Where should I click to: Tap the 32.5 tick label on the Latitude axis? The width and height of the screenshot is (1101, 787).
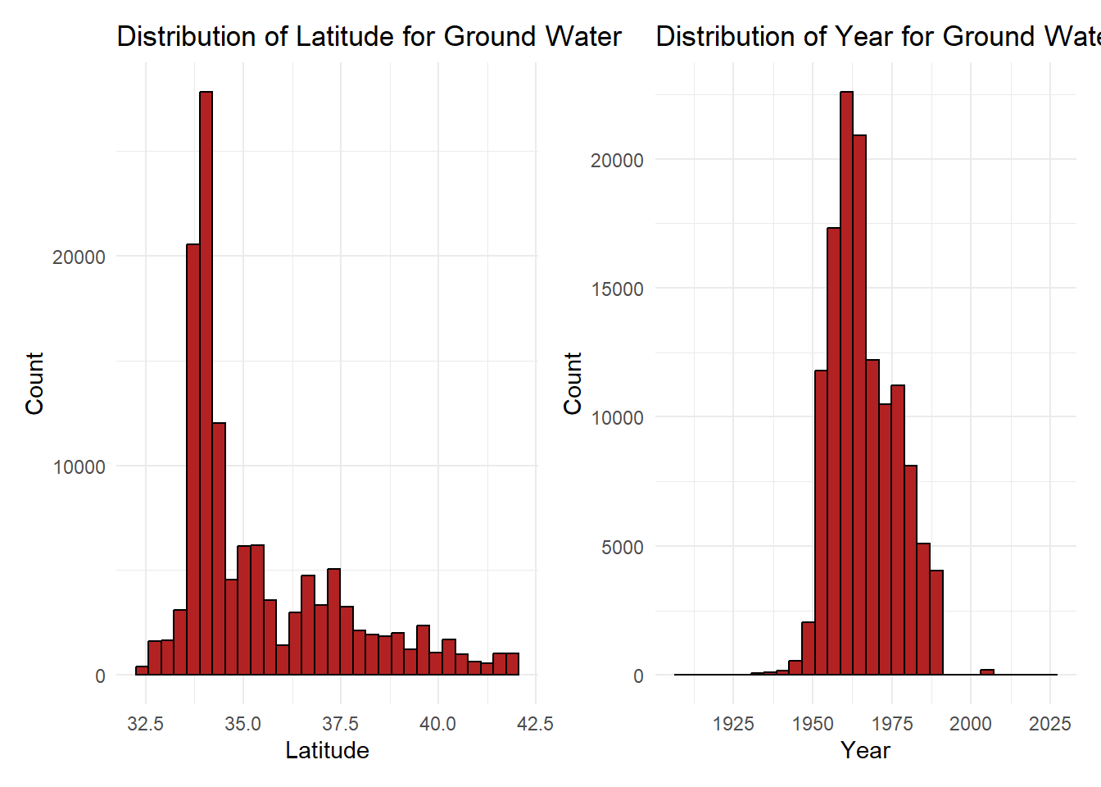(x=146, y=724)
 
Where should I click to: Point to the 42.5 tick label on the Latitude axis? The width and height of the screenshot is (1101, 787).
(x=535, y=724)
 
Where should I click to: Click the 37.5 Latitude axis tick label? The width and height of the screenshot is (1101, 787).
(x=340, y=724)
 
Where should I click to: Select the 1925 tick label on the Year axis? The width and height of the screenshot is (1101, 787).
(x=733, y=724)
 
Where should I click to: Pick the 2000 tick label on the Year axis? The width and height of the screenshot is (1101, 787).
(x=970, y=724)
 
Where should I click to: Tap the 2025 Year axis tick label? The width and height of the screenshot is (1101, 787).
(x=1049, y=724)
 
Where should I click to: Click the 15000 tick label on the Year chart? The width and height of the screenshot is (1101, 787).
(x=617, y=289)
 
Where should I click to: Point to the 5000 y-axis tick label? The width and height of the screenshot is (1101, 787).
(x=622, y=547)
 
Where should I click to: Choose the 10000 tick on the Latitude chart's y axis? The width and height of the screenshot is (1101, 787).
(x=79, y=467)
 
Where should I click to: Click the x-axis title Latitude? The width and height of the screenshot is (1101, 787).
(x=327, y=751)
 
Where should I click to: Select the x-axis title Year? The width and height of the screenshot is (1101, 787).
(x=865, y=751)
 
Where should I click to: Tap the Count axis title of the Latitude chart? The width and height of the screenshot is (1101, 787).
(x=34, y=383)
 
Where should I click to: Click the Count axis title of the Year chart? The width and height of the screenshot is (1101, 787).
(x=573, y=383)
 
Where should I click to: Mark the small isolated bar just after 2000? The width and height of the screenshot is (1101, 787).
(x=987, y=672)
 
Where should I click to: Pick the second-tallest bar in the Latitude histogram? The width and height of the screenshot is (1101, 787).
(x=193, y=459)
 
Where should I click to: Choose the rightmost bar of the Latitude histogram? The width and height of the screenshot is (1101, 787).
(x=513, y=664)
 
